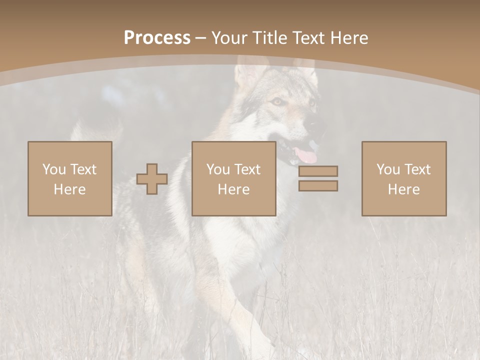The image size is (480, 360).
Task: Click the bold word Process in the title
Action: (x=157, y=38)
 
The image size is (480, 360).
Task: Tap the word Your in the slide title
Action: (x=230, y=38)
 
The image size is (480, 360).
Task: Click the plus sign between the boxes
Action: (x=152, y=179)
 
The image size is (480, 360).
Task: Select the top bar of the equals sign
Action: (x=318, y=171)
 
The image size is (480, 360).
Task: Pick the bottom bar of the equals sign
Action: (x=318, y=186)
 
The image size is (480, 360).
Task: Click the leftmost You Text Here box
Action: (x=69, y=178)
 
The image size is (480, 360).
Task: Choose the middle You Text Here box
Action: (x=233, y=178)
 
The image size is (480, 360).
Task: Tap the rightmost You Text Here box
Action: (x=403, y=178)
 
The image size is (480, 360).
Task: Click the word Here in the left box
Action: (x=69, y=189)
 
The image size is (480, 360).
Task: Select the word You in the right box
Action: (x=388, y=169)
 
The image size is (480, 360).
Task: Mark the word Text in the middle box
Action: (x=247, y=169)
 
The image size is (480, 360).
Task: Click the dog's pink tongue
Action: (x=306, y=155)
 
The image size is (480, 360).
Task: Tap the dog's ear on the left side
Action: (x=248, y=72)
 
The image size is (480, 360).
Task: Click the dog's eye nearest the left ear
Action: (x=276, y=101)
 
